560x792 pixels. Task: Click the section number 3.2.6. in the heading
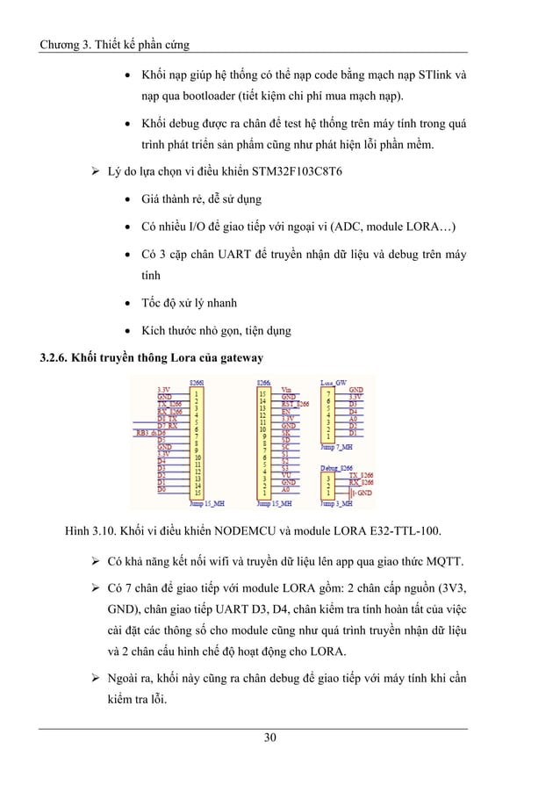click(x=50, y=357)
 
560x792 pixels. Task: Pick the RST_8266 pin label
click(x=295, y=404)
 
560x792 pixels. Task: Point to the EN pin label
click(x=285, y=411)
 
